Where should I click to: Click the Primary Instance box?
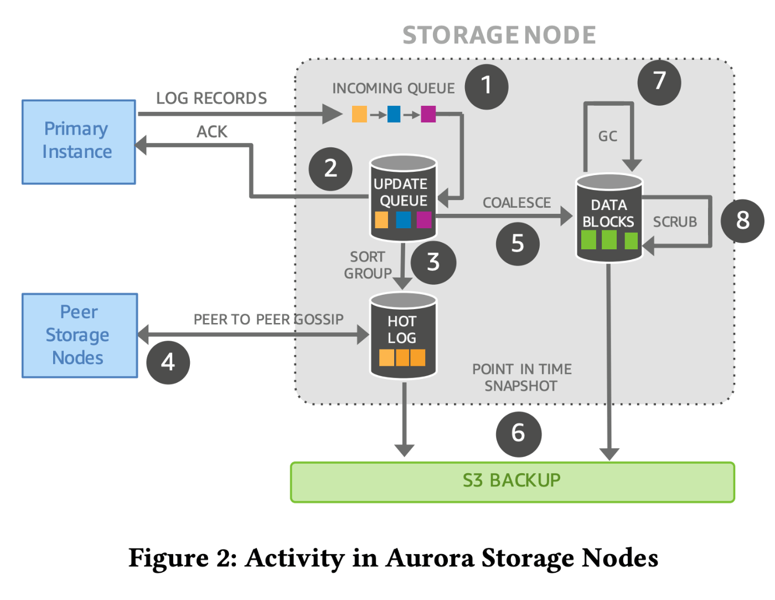coord(79,142)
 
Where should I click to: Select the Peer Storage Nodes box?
coord(80,336)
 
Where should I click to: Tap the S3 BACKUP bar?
coord(512,482)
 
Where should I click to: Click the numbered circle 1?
coord(486,86)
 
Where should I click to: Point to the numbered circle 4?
coord(168,362)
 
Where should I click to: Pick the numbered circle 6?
coord(518,434)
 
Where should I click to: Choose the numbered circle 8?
coord(742,220)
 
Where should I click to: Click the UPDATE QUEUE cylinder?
coord(403,198)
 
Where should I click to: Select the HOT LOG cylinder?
coord(403,336)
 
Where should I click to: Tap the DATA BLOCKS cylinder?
coord(609,218)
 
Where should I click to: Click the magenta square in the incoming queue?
coord(428,115)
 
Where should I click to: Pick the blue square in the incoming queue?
coord(394,115)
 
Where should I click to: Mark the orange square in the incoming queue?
coord(359,115)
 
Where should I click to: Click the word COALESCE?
coord(516,203)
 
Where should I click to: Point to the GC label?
coord(607,136)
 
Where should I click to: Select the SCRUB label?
coord(674,222)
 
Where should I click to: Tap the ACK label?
coord(212,132)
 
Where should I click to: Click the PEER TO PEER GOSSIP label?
coord(268,320)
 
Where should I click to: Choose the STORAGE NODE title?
coord(499,35)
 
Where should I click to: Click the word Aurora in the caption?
coord(430,558)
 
